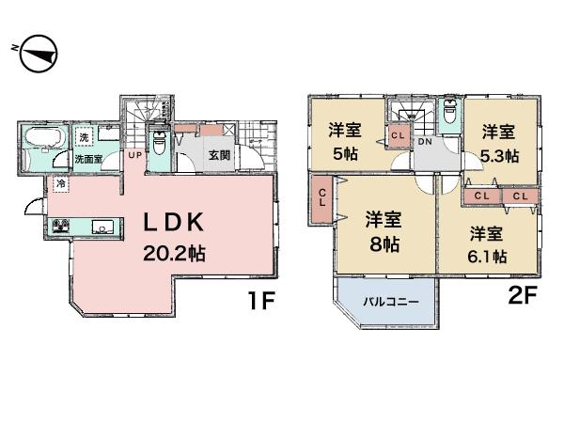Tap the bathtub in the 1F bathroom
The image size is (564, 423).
point(42,140)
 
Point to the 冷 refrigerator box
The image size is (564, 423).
point(61,183)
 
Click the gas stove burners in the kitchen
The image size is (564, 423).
point(61,226)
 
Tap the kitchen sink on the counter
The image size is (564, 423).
point(102,226)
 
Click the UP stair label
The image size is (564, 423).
point(134,154)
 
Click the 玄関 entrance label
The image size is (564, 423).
point(219,154)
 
